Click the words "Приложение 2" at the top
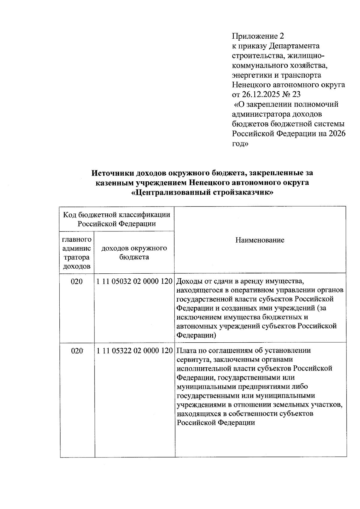258,36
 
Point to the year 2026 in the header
337,133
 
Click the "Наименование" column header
259,240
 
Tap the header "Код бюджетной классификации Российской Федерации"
116,219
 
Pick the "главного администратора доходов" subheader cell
76,253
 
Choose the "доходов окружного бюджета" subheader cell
134,252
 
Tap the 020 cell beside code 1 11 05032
76,281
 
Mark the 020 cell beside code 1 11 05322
76,350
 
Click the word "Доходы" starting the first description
189,281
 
